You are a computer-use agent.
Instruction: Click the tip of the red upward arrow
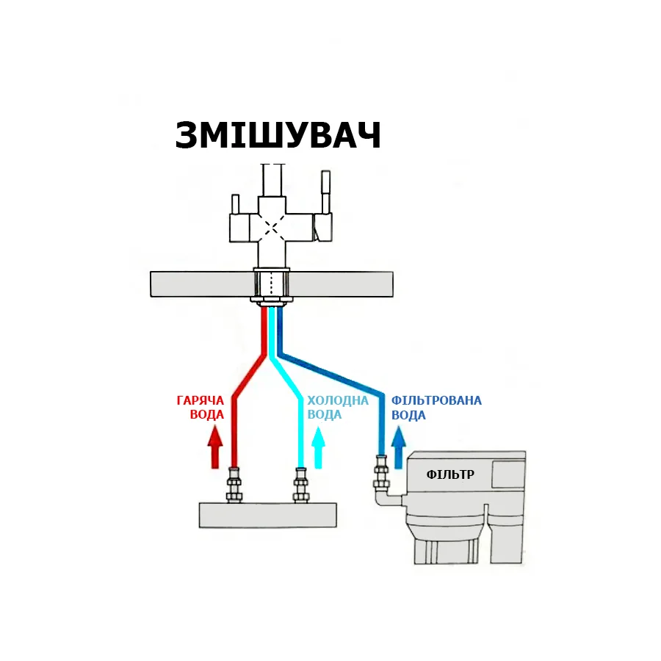(215, 426)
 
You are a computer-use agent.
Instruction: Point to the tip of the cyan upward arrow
(318, 427)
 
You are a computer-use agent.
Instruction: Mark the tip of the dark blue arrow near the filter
(398, 427)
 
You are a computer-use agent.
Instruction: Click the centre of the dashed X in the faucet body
(272, 228)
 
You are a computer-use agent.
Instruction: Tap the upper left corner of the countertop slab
(151, 272)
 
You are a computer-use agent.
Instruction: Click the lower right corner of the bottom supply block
(336, 527)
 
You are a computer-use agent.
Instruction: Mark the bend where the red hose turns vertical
(235, 398)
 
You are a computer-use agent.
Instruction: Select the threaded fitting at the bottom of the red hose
(234, 485)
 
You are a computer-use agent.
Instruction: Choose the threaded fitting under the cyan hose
(300, 485)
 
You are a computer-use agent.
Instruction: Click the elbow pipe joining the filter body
(389, 497)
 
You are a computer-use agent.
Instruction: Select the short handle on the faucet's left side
(235, 204)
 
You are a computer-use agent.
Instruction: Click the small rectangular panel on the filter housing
(508, 474)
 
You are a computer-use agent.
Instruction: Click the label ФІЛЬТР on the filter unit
(450, 474)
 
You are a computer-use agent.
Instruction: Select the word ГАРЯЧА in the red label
(201, 400)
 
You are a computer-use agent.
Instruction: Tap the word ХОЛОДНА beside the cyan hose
(338, 400)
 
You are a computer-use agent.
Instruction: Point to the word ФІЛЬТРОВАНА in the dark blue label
(436, 400)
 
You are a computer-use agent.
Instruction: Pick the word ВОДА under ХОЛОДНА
(324, 415)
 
